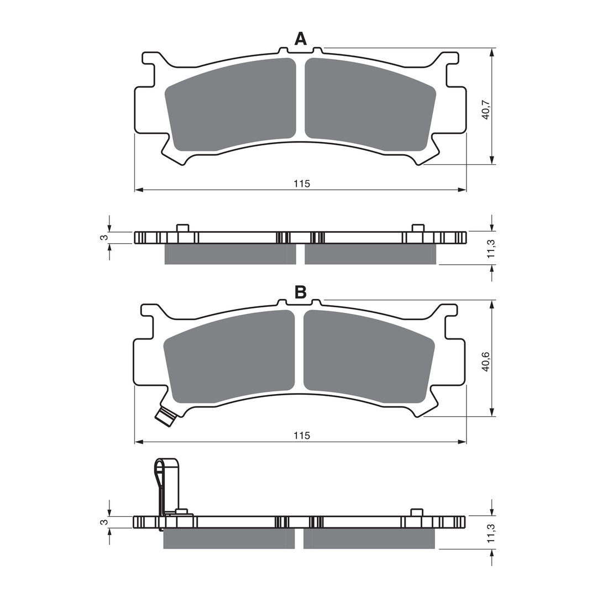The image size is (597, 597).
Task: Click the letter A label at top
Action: pos(300,39)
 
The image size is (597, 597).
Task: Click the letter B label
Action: pos(300,292)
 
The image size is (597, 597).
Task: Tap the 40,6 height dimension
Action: pos(485,362)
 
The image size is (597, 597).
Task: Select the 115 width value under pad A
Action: pos(301,184)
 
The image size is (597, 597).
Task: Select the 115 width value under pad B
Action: pos(301,436)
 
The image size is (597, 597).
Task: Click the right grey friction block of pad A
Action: pos(368,105)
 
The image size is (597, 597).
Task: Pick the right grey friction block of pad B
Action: pos(366,357)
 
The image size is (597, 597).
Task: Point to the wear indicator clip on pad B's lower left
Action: pos(166,416)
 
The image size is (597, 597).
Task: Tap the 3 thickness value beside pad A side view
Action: pos(102,238)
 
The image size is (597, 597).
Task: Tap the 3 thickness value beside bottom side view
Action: pos(102,522)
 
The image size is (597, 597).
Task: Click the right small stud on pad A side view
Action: pos(418,228)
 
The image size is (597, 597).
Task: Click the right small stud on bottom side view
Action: pos(417,512)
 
